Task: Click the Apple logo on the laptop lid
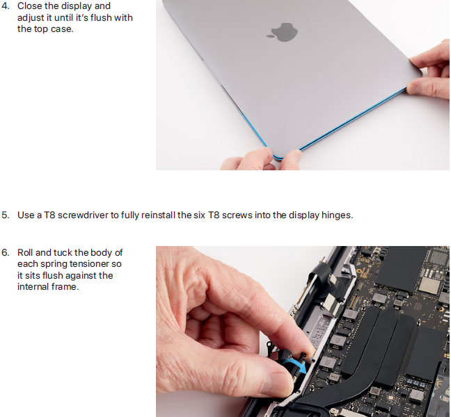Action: pos(283,32)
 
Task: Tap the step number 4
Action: pos(5,6)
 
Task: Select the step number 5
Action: pos(5,215)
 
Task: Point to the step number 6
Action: pos(5,252)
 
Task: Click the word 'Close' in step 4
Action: pos(30,6)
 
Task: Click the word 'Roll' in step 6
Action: pos(25,252)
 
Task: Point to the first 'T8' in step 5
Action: pos(49,215)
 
